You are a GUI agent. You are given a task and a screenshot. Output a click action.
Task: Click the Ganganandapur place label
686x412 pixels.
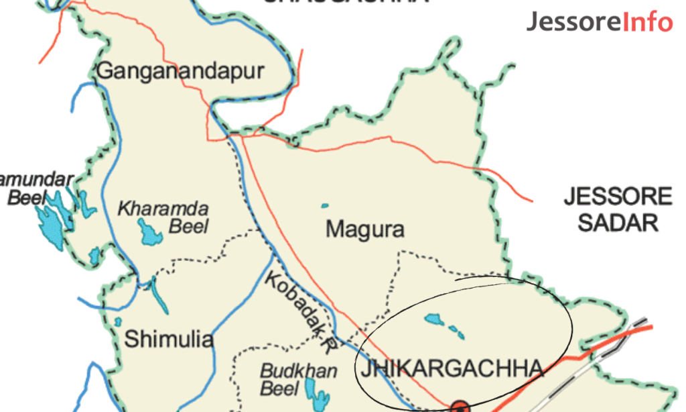(x=181, y=71)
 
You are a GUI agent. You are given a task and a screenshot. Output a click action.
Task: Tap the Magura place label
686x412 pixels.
(x=365, y=229)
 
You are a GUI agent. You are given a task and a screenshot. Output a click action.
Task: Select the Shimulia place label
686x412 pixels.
(x=169, y=340)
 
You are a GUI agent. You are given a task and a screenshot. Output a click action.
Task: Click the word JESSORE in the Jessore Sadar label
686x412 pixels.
(x=618, y=197)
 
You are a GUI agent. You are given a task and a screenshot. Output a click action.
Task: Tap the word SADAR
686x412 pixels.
(x=618, y=222)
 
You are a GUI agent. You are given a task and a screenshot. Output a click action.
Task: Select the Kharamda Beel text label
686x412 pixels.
(x=164, y=216)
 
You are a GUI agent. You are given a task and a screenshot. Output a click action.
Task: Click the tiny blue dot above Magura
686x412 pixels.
(x=325, y=205)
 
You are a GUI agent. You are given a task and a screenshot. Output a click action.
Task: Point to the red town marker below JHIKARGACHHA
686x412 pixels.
(x=460, y=407)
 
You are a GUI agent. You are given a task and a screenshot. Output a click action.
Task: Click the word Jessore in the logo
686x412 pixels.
(x=573, y=22)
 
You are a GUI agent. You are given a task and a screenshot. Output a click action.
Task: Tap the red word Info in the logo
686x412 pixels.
(x=647, y=22)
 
